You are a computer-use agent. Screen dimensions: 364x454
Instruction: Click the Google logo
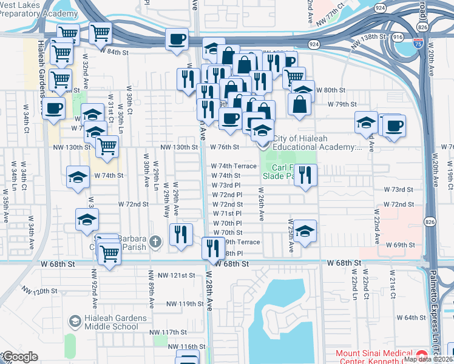click(x=19, y=357)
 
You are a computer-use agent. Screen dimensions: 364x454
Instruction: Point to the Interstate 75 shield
click(x=418, y=43)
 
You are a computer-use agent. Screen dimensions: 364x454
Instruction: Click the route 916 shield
click(x=398, y=37)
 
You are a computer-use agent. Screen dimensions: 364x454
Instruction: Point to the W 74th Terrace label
click(x=234, y=166)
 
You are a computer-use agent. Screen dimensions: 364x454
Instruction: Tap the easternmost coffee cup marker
click(x=394, y=126)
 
